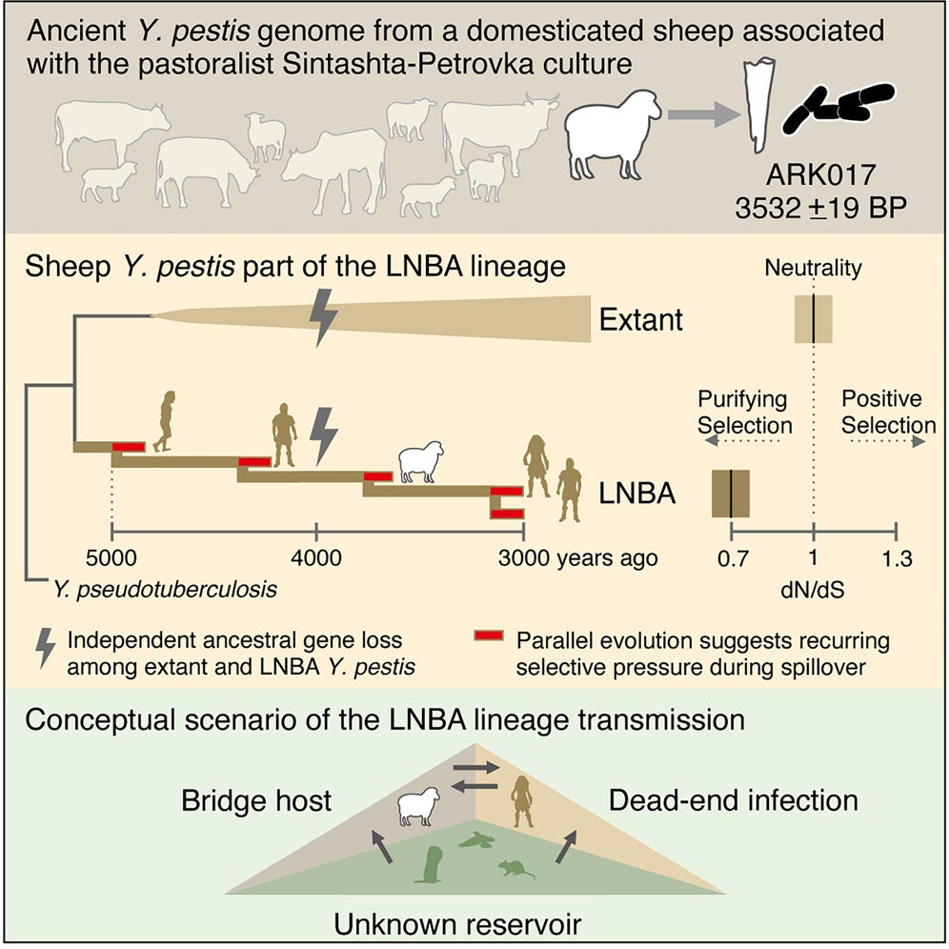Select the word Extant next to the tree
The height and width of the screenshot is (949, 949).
pyautogui.click(x=640, y=319)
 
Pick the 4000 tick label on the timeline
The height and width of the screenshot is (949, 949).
pyautogui.click(x=316, y=558)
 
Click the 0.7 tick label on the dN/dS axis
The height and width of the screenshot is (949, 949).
pyautogui.click(x=731, y=558)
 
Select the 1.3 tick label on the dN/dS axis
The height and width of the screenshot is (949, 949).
pyautogui.click(x=896, y=558)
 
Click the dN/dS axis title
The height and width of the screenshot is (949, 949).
pyautogui.click(x=813, y=590)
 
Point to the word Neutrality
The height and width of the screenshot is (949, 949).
pyautogui.click(x=813, y=269)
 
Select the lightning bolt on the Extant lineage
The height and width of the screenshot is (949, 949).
pyautogui.click(x=324, y=317)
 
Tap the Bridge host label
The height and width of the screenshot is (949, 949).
pyautogui.click(x=257, y=799)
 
